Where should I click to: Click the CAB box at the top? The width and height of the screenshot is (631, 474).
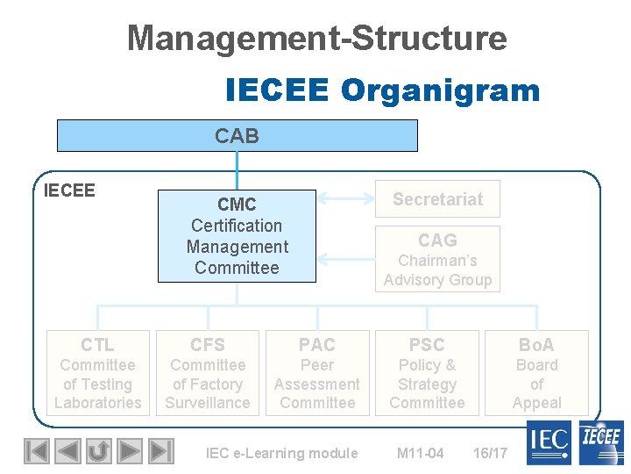click(237, 136)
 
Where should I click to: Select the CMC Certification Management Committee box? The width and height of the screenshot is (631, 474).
click(237, 236)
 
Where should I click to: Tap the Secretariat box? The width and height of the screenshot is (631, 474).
click(437, 199)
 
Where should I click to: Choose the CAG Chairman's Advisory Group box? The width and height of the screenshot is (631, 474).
click(437, 259)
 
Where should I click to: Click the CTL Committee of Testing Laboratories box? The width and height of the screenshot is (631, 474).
click(97, 373)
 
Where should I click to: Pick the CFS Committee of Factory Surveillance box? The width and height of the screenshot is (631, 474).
click(208, 373)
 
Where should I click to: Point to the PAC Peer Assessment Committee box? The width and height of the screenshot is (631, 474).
click(316, 373)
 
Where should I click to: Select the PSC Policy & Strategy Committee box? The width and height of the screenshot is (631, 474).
click(427, 373)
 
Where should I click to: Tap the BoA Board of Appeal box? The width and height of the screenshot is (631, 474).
click(536, 373)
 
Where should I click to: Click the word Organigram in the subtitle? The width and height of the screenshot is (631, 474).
click(440, 90)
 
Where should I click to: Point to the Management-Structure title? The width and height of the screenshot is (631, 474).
click(316, 38)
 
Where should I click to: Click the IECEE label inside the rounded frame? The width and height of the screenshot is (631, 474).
click(69, 190)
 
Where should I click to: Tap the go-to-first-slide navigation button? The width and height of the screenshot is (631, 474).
click(36, 451)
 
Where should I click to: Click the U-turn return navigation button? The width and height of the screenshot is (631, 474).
click(98, 451)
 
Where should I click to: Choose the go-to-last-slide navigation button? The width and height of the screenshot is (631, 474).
click(160, 451)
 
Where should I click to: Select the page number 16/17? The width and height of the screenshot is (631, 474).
click(490, 453)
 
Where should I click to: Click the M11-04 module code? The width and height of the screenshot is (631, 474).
click(420, 453)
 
